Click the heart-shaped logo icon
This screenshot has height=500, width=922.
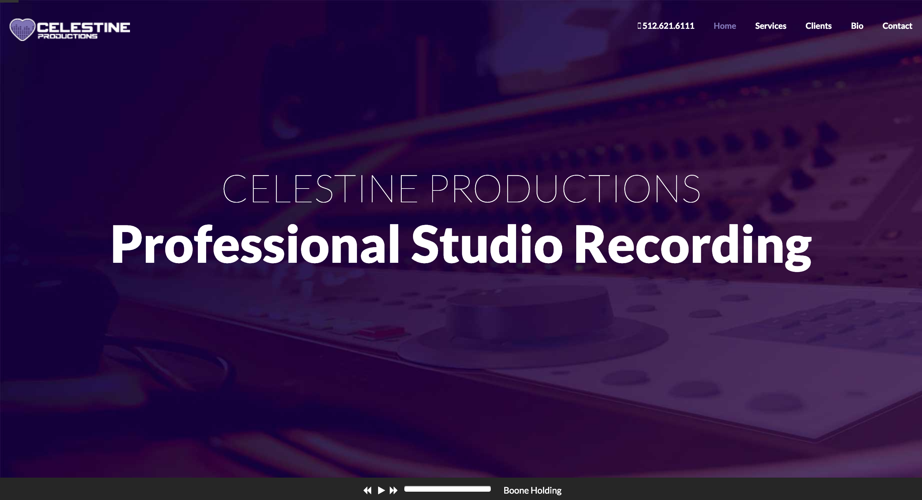click(22, 29)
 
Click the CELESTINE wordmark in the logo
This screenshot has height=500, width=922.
click(83, 27)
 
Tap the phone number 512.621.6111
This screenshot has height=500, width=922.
click(668, 26)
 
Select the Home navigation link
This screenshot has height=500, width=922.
click(724, 26)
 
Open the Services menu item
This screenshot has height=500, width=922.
click(771, 26)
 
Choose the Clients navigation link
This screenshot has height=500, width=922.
click(818, 26)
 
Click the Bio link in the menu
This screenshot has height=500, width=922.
click(857, 26)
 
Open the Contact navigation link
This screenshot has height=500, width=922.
click(897, 26)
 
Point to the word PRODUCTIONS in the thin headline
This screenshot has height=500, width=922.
click(565, 189)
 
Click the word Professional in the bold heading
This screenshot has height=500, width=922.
click(255, 245)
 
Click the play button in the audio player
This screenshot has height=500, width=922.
click(381, 490)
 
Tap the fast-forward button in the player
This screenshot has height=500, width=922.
click(393, 490)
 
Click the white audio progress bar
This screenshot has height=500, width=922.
click(448, 489)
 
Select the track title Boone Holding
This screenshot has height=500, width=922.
click(532, 490)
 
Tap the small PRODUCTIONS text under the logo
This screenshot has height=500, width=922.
click(68, 36)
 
